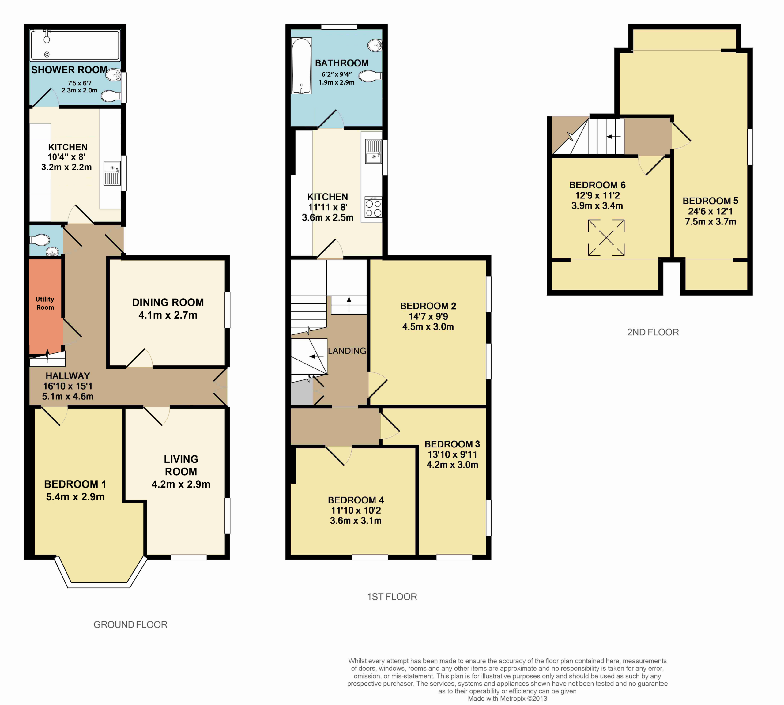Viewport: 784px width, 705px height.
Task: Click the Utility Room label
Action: point(45,303)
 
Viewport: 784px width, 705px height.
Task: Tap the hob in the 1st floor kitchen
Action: point(373,207)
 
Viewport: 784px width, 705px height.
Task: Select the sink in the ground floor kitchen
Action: point(112,173)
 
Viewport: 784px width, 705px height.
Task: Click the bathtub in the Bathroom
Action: point(301,66)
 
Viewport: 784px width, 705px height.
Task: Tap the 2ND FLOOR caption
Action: point(653,332)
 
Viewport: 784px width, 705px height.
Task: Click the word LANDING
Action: point(347,351)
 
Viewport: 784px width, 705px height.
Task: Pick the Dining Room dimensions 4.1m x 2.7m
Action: point(168,315)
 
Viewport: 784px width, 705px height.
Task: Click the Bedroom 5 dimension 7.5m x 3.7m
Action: point(710,221)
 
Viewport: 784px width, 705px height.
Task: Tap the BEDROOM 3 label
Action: point(452,444)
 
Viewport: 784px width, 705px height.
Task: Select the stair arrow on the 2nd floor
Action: point(613,136)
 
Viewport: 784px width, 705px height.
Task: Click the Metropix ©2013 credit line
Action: point(507,698)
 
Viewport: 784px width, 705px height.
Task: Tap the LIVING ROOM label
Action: point(181,465)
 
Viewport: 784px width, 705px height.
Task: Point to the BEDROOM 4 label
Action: point(356,500)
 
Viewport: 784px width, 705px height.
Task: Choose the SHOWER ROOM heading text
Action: point(69,70)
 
